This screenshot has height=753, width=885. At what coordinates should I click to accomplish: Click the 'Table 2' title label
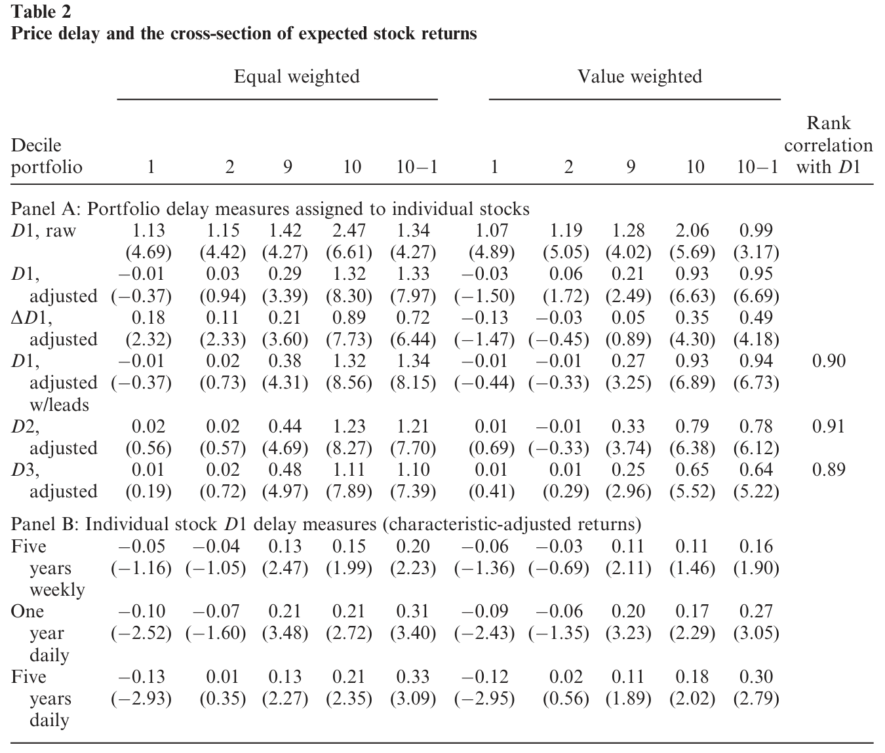tap(41, 12)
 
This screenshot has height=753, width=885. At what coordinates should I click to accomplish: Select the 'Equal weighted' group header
tap(297, 77)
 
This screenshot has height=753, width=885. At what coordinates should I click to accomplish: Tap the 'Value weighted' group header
tap(640, 77)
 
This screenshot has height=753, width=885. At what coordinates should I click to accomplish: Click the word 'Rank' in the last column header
tap(829, 123)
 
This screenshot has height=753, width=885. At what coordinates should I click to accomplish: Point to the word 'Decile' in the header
tap(36, 145)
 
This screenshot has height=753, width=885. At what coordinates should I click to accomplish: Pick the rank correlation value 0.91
tap(829, 427)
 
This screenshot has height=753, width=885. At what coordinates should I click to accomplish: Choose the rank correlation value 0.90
tap(829, 361)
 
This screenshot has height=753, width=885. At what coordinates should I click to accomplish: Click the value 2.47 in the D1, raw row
tap(349, 231)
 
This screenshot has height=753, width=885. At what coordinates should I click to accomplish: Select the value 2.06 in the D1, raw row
tap(692, 231)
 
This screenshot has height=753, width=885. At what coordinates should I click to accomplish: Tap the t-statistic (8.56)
tap(349, 383)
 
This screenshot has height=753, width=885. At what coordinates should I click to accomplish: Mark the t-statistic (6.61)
tap(349, 252)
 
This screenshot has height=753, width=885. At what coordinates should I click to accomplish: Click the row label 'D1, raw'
tap(43, 231)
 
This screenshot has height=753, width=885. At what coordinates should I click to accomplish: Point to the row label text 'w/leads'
tap(59, 404)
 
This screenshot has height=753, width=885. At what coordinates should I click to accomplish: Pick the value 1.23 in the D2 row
tap(349, 427)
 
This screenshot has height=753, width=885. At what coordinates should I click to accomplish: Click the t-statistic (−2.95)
tap(484, 699)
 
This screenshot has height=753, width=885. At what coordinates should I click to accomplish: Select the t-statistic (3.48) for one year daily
tap(285, 633)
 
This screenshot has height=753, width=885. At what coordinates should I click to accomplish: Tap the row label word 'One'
tap(27, 611)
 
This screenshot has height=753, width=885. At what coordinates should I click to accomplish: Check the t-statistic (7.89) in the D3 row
tap(349, 492)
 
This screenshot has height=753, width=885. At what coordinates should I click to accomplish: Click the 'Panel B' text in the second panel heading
tap(44, 524)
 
